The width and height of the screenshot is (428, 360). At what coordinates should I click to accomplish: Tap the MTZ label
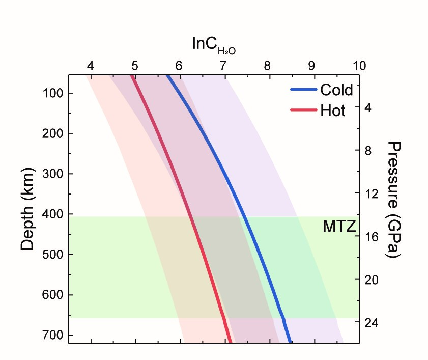click(x=338, y=226)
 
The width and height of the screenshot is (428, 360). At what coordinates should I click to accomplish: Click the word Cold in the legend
click(x=336, y=90)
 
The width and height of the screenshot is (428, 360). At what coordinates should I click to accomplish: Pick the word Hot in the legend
click(x=332, y=110)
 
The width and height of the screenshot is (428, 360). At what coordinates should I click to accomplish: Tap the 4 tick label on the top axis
click(x=91, y=66)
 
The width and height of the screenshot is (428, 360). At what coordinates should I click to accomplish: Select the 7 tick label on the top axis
click(x=223, y=66)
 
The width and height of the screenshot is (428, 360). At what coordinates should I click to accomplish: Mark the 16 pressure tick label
click(x=370, y=237)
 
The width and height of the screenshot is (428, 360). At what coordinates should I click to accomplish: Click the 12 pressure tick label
click(x=370, y=194)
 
